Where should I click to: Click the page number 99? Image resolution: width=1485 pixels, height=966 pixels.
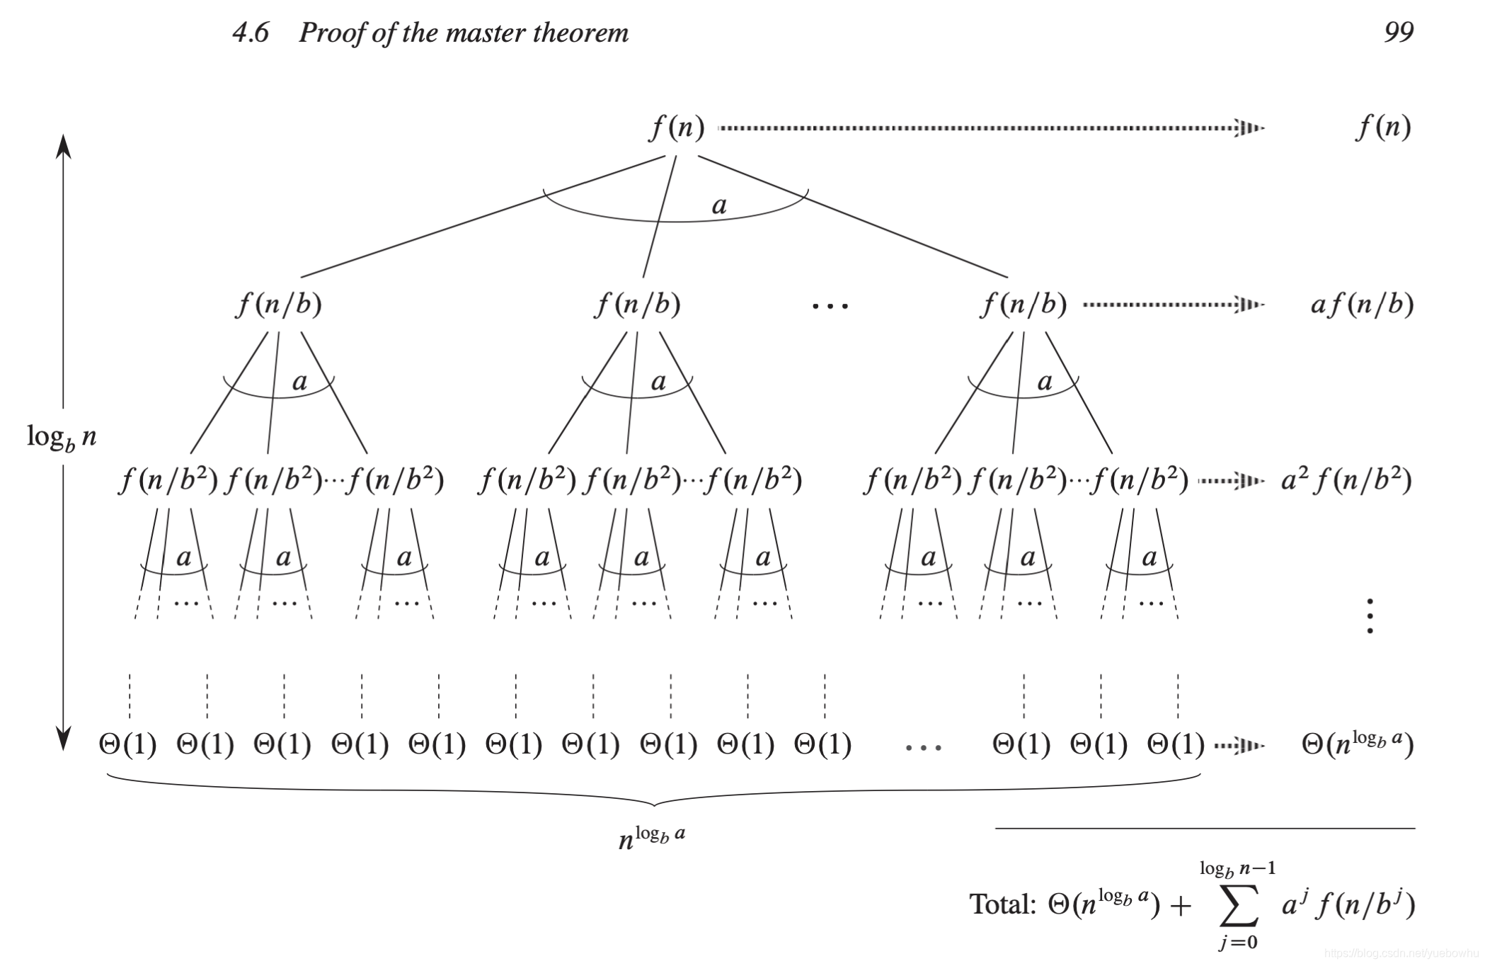pos(1398,32)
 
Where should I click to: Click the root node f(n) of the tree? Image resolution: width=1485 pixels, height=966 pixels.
pos(677,127)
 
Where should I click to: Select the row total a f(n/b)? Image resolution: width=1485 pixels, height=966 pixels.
pos(1361,305)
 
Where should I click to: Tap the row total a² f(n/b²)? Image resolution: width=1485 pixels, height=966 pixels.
pos(1346,481)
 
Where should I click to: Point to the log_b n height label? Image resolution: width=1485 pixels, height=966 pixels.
pos(61,437)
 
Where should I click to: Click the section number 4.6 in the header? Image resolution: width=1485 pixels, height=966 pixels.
pos(251,33)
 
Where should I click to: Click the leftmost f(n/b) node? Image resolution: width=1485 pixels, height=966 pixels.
pos(279,305)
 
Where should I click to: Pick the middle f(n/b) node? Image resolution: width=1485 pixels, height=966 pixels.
pos(638,305)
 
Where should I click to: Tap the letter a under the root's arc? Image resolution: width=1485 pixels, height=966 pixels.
pos(719,205)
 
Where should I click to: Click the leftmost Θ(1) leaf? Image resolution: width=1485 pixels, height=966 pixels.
pos(127,744)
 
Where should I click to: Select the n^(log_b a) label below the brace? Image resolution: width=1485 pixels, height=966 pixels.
pos(651,836)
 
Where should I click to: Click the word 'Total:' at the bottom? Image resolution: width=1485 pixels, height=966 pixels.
pos(1002,904)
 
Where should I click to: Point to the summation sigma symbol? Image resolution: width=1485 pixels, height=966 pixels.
pos(1239,906)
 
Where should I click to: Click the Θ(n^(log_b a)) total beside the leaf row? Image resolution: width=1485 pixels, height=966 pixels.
pos(1357,744)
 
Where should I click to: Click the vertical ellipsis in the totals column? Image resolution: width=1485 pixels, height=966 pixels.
pos(1370,615)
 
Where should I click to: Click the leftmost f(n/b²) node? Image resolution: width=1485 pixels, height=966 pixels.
pos(168,481)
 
